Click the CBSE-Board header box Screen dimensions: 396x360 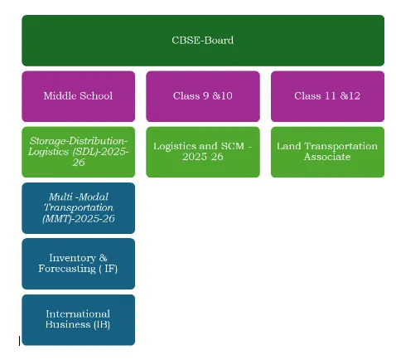[x=203, y=41]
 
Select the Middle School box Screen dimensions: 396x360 [x=79, y=96]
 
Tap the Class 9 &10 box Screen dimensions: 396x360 [x=203, y=96]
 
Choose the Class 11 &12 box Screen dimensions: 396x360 [x=327, y=96]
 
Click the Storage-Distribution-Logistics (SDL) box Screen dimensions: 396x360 [x=79, y=152]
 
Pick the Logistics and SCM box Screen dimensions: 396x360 [x=203, y=152]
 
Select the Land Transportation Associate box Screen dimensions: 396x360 [x=327, y=152]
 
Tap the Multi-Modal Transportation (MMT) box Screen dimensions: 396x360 [x=79, y=208]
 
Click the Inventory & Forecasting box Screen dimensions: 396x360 [x=79, y=264]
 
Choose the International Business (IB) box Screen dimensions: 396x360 [x=79, y=320]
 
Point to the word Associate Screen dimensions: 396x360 [x=327, y=157]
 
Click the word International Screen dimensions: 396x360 [x=78, y=314]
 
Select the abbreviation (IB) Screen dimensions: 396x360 [x=102, y=324]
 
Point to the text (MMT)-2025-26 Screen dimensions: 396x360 [x=79, y=218]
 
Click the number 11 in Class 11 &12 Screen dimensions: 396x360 [x=330, y=96]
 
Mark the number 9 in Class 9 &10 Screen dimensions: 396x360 [x=206, y=96]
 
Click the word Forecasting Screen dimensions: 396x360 [x=67, y=269]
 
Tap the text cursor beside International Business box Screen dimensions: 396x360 [x=19, y=341]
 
